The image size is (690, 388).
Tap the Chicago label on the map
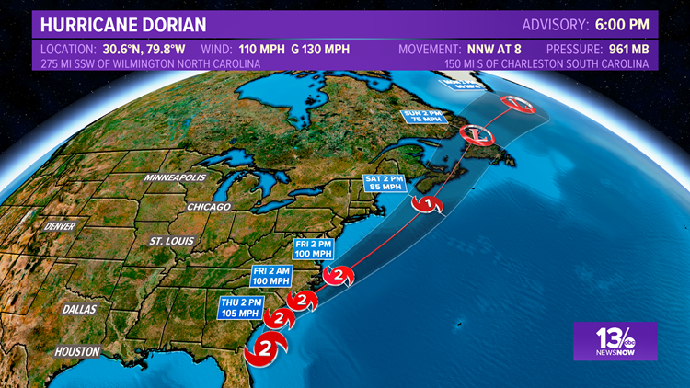[x=207, y=207]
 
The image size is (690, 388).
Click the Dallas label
[x=80, y=309]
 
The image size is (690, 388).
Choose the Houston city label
[x=76, y=351]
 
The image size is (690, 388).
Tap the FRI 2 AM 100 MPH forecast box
[x=275, y=276]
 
